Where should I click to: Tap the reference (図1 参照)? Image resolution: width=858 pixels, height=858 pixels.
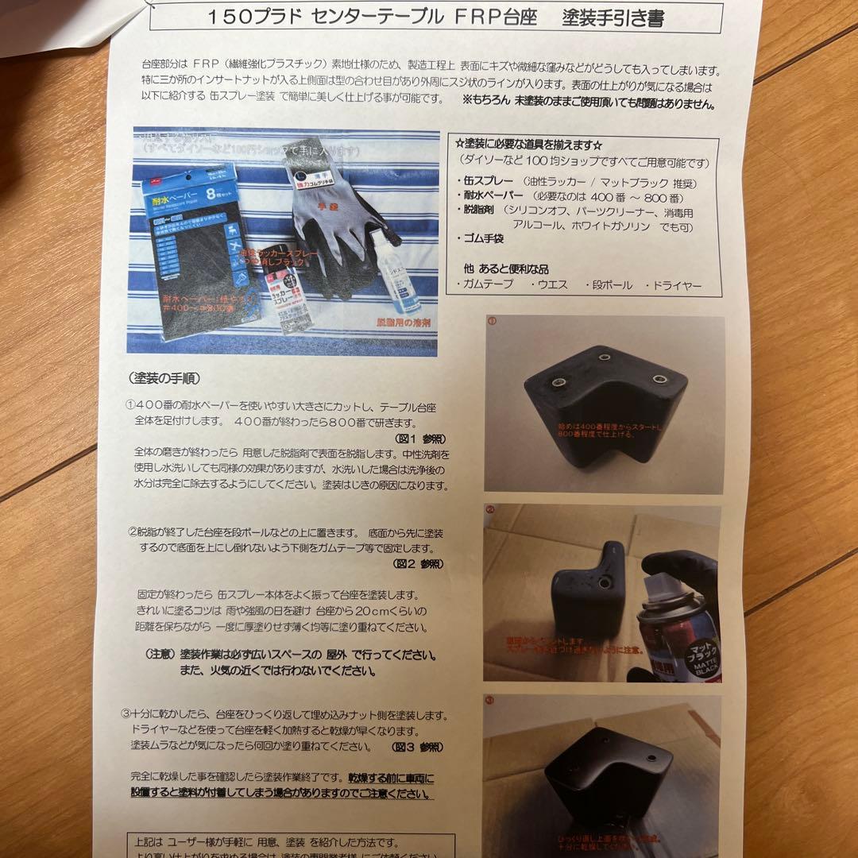(x=419, y=438)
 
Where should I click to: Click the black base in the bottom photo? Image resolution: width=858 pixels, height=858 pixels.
(x=608, y=775)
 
